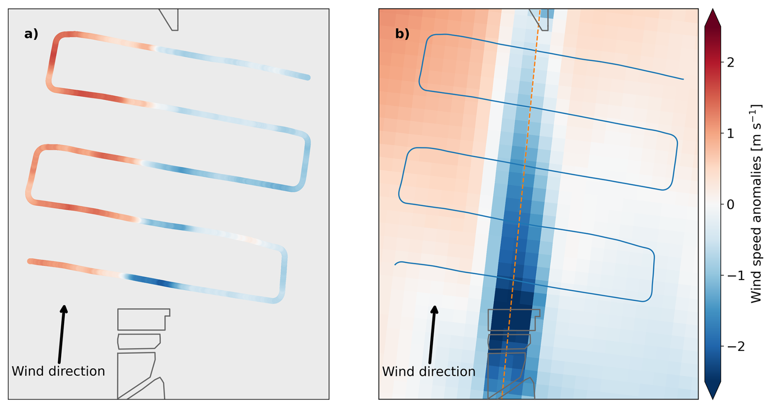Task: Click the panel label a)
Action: pos(31,34)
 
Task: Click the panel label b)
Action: pos(402,34)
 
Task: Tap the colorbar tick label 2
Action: pos(731,62)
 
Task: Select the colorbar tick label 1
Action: pos(731,133)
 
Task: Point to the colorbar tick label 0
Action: pos(731,204)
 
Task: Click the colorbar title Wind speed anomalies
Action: pos(756,204)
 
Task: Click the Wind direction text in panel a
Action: pos(58,371)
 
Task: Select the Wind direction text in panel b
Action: pos(429,371)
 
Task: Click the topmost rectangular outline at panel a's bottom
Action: pos(143,319)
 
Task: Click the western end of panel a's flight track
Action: pos(30,261)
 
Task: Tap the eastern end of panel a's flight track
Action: pos(308,77)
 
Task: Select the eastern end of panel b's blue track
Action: pos(683,79)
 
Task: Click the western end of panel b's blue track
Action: pos(395,265)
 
